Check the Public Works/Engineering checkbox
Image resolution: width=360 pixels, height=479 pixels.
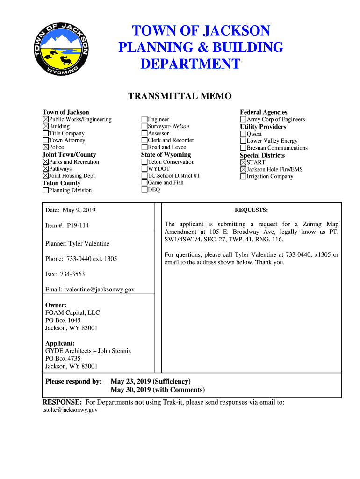(46, 119)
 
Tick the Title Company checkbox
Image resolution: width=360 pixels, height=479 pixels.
(46, 133)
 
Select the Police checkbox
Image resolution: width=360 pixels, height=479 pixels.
(46, 147)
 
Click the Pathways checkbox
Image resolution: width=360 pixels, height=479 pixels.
(46, 169)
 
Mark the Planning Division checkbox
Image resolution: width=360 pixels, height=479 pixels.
(46, 190)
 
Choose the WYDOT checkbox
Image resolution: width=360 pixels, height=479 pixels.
(144, 169)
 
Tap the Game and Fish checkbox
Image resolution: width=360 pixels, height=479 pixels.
(144, 183)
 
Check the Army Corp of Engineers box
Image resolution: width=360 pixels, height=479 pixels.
(244, 119)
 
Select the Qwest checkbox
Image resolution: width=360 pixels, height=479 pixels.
(244, 134)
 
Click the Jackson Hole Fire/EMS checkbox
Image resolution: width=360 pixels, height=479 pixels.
(244, 169)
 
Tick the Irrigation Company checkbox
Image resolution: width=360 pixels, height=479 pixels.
(244, 176)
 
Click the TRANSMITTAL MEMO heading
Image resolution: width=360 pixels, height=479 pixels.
(180, 96)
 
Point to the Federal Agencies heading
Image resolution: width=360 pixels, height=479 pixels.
(263, 112)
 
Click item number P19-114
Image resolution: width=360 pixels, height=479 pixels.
(78, 225)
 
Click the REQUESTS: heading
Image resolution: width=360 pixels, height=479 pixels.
(251, 210)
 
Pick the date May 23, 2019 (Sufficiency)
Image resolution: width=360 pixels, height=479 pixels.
(151, 382)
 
